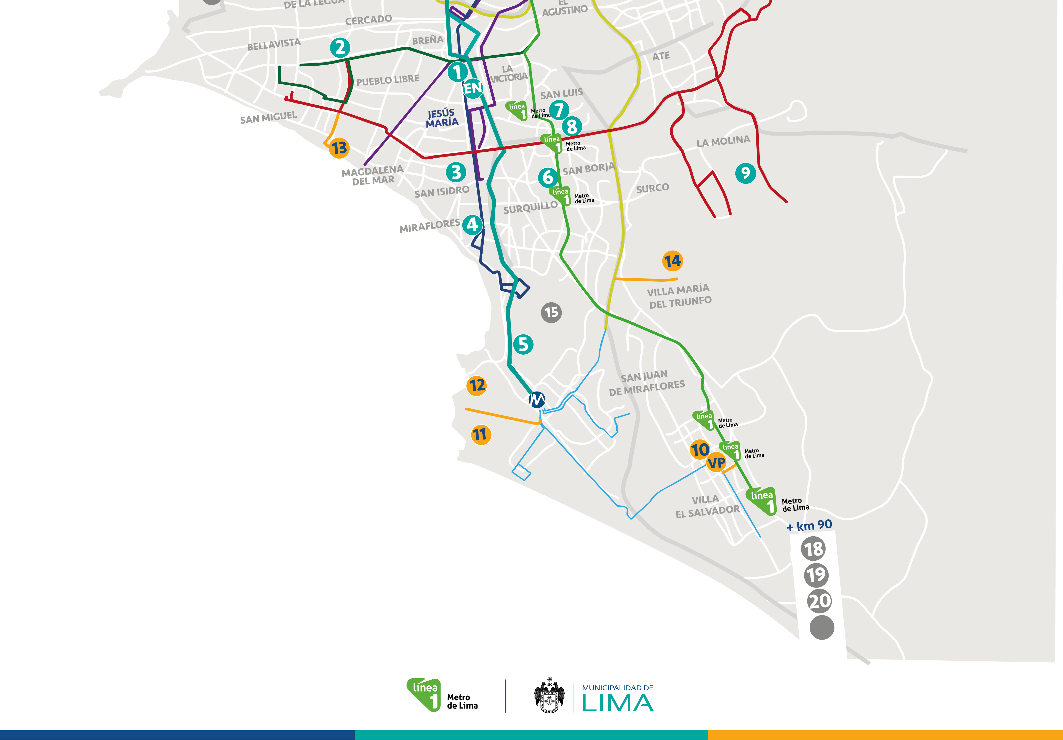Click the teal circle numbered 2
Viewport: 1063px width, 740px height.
(340, 47)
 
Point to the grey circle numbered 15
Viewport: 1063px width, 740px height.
(551, 313)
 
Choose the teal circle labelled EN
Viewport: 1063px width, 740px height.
(472, 88)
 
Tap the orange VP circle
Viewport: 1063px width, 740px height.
(716, 462)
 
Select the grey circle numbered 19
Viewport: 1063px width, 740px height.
(816, 575)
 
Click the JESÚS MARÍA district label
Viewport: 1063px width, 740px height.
(442, 118)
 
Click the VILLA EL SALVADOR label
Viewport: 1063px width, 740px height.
(707, 506)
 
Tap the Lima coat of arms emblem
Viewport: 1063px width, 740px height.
(549, 696)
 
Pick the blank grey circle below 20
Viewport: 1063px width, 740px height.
(822, 628)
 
